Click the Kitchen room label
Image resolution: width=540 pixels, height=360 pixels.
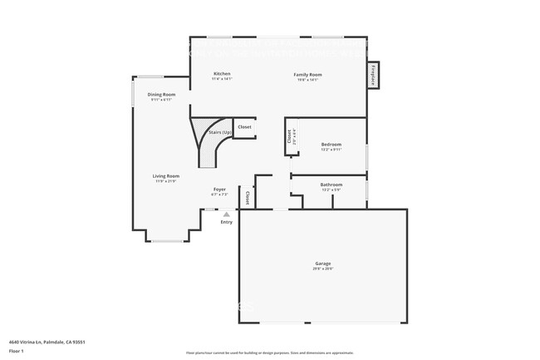coord(222,74)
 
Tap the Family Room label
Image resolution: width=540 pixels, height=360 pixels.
coord(307,74)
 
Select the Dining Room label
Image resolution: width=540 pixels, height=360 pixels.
coord(161,95)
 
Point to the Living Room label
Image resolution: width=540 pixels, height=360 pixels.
coord(165,176)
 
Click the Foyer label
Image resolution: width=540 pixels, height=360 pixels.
coord(219,190)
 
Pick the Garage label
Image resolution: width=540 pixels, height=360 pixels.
coord(322,264)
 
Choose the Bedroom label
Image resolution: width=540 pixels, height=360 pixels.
coord(331,145)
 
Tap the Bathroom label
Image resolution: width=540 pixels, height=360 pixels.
coord(331,185)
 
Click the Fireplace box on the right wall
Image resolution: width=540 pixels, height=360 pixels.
coord(373,75)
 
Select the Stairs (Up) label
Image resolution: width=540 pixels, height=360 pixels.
coord(220,133)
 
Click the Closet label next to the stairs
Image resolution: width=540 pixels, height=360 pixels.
coord(244,127)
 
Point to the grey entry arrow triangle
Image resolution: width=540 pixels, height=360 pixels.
coord(227,215)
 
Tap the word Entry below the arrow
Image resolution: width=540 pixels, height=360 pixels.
coord(227,222)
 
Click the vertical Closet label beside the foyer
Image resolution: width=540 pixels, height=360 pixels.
coord(247,198)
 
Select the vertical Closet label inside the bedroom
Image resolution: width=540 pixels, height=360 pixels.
coord(289,137)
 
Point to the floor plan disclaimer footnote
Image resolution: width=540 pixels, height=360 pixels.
coord(269,353)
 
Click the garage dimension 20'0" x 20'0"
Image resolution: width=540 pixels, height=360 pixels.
coord(322,269)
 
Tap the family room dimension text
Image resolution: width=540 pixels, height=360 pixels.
coord(307,79)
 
